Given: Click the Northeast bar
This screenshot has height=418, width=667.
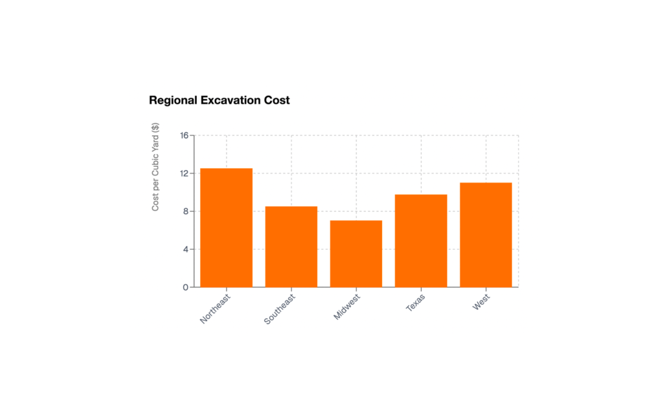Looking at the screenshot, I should (226, 227).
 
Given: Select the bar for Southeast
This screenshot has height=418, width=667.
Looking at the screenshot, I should (291, 247).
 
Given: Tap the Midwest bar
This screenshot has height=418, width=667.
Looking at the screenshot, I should (356, 254).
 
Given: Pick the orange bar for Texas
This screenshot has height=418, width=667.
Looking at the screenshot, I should (420, 241).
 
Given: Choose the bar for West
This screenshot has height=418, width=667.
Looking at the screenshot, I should (486, 235).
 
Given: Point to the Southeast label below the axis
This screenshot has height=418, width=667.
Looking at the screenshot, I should (280, 309).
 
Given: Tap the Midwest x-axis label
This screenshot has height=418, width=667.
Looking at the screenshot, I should (347, 307).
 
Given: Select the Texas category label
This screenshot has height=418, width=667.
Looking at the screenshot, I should (416, 303).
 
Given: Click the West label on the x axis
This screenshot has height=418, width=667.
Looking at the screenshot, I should (481, 302).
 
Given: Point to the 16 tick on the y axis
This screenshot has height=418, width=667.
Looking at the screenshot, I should (185, 136).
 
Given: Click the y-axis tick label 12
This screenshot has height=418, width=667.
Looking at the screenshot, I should (185, 173).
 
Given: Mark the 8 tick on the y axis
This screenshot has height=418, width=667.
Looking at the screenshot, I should (186, 212).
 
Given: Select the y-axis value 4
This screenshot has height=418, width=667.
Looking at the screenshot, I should (186, 249).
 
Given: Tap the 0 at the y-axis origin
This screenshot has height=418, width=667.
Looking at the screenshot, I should (186, 287).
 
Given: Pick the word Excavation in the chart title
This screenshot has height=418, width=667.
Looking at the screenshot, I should (229, 100).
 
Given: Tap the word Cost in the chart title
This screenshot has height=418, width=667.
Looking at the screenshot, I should (277, 100).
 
